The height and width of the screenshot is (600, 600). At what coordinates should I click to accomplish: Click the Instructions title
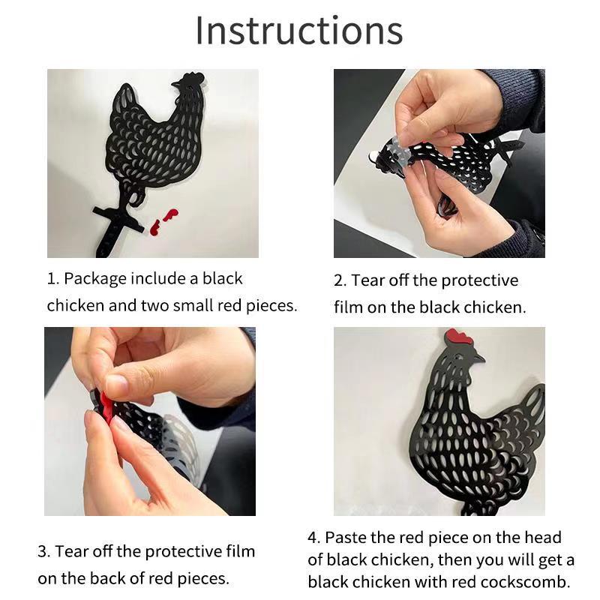[x=299, y=31]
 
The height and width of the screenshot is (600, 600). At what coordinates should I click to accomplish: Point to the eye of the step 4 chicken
[x=458, y=357]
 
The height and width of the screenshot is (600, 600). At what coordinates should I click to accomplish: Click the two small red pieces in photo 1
[x=163, y=221]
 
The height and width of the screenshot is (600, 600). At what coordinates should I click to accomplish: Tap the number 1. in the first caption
[x=52, y=278]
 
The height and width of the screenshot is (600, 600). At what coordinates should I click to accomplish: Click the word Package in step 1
[x=95, y=279]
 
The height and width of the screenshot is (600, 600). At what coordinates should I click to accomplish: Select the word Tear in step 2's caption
[x=367, y=280]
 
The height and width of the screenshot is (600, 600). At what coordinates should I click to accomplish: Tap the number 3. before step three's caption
[x=44, y=552]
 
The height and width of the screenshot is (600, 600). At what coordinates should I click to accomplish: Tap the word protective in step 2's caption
[x=480, y=281]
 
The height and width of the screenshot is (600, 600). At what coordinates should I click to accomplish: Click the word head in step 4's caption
[x=542, y=537]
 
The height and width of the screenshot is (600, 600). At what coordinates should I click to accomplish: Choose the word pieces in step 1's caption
[x=271, y=306]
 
